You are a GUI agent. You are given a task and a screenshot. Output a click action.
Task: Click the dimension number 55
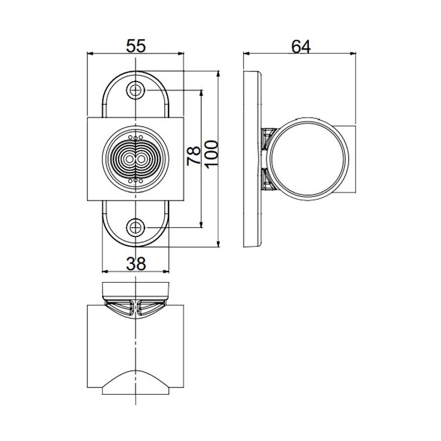click(x=136, y=46)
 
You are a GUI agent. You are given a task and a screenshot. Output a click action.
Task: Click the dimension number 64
click(x=300, y=46)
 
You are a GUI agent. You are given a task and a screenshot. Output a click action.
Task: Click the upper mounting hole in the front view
click(x=135, y=90)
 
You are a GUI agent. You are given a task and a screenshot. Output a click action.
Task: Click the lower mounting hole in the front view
click(x=135, y=227)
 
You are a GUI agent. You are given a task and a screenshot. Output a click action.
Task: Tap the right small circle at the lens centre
click(x=141, y=159)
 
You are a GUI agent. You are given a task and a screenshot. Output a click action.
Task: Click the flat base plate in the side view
click(x=252, y=159)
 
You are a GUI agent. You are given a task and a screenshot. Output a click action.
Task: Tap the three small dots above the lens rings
click(x=135, y=137)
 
